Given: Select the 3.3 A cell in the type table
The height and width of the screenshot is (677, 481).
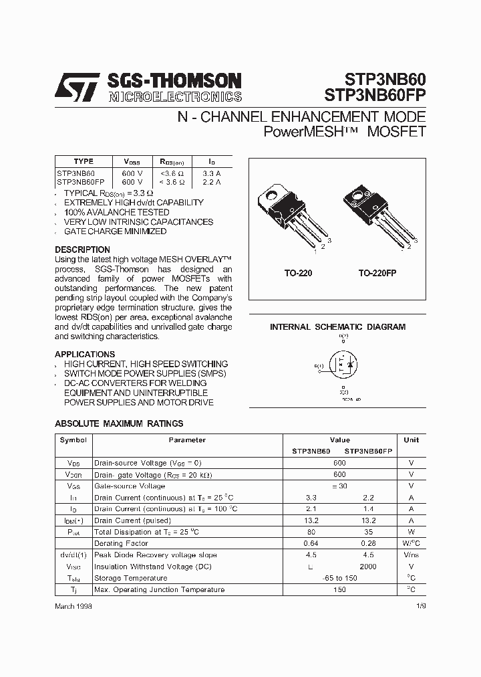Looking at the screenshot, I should [212, 173].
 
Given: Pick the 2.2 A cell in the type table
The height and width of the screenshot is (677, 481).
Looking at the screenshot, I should [212, 182].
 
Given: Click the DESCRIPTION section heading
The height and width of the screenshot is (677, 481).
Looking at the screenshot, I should [82, 250].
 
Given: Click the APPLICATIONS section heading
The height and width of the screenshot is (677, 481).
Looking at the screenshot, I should [85, 354].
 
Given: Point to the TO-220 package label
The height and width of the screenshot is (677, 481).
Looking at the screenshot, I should [299, 274].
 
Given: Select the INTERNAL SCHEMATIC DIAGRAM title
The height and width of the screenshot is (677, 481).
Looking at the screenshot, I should [337, 327].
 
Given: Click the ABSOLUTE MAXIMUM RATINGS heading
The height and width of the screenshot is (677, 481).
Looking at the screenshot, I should [119, 423].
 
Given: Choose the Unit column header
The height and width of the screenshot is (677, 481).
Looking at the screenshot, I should [412, 440].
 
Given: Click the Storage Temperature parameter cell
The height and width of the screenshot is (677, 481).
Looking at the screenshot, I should [131, 578].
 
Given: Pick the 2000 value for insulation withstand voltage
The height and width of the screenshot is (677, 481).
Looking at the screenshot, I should [368, 567].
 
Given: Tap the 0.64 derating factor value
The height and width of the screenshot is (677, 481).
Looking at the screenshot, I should [311, 543].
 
